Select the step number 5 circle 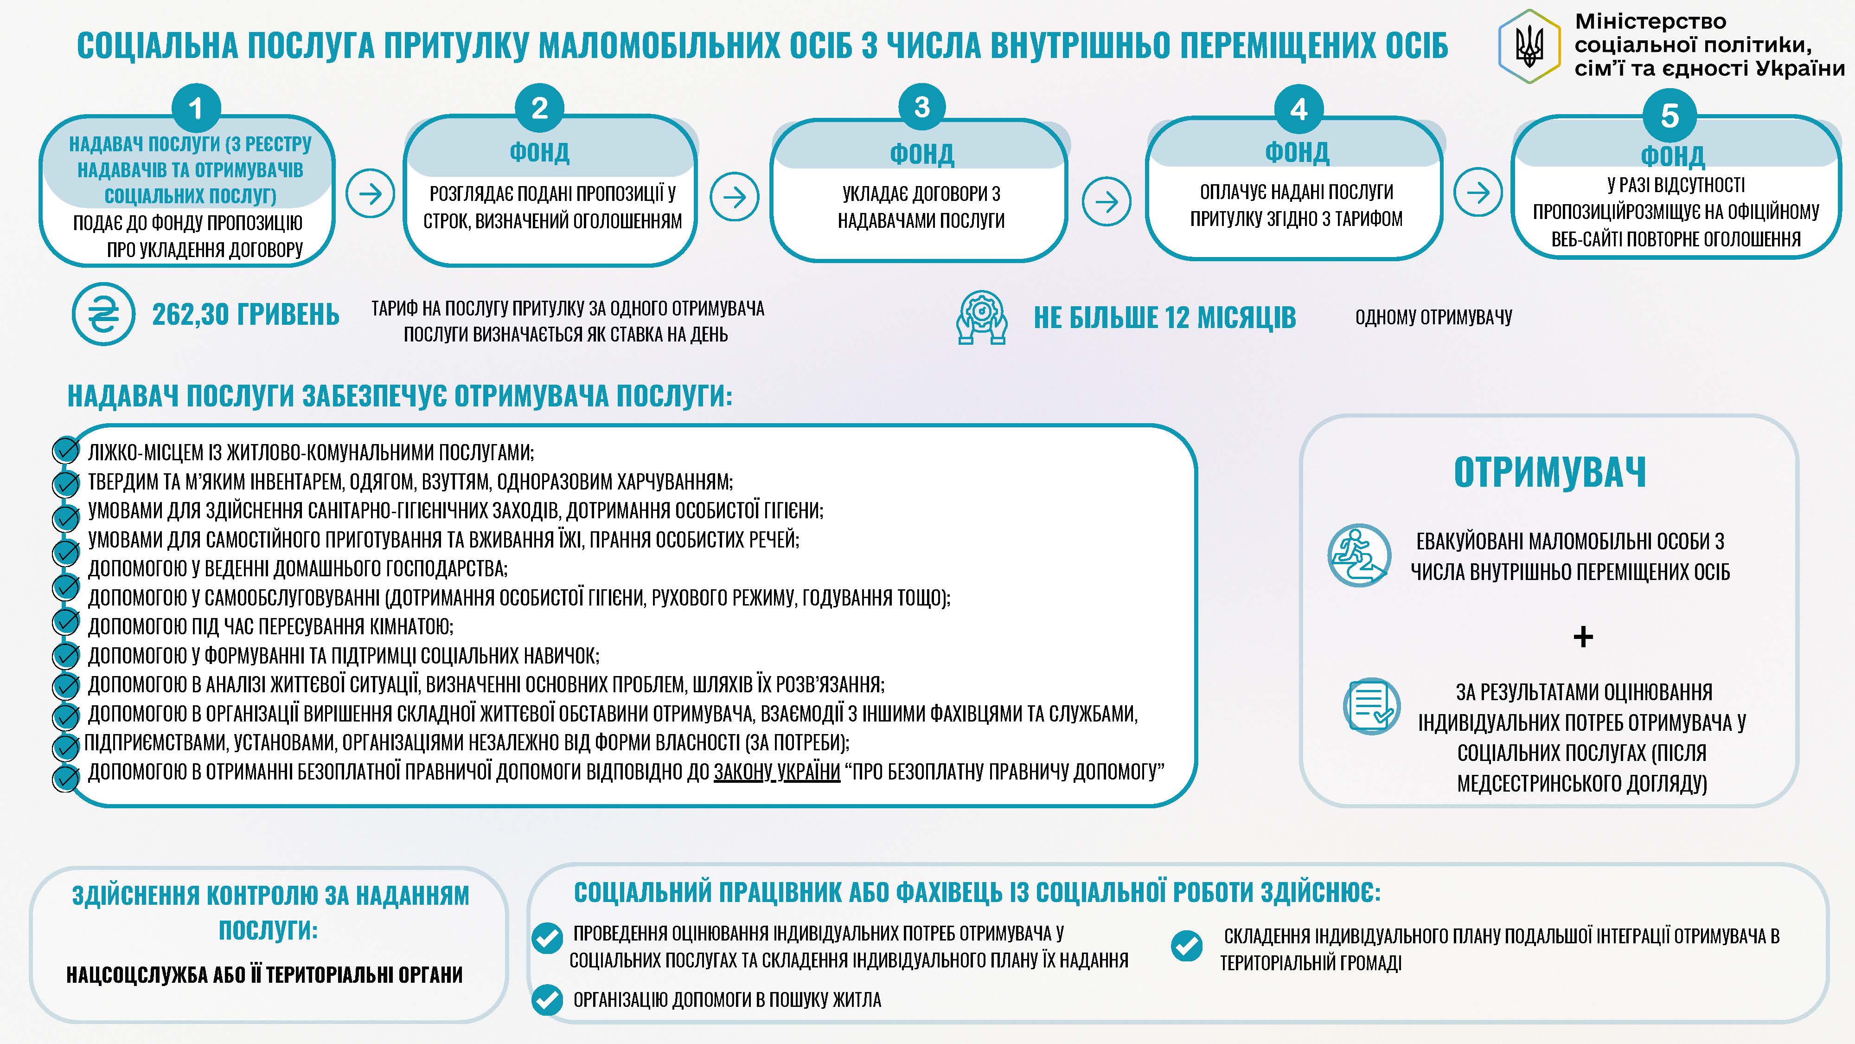tap(1669, 115)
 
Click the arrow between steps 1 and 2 tap(370, 194)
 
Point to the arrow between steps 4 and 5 tap(1478, 193)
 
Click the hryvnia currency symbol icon tap(103, 314)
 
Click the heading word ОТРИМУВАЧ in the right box tap(1550, 473)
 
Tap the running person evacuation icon tap(1358, 555)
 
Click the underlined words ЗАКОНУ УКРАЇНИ tap(776, 772)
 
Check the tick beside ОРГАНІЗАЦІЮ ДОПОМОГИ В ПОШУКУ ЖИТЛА tap(547, 1000)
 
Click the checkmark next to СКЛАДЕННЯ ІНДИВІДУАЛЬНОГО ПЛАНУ tap(1186, 946)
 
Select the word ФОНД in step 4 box tap(1297, 152)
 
